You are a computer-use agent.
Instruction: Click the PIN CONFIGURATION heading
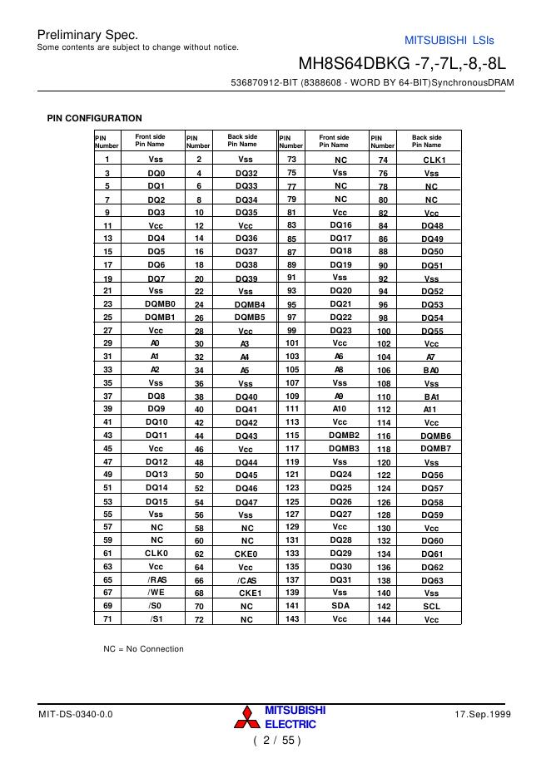(94, 118)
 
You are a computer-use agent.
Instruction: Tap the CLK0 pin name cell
(156, 553)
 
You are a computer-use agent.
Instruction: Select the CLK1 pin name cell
(434, 160)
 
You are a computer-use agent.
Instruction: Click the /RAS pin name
(156, 579)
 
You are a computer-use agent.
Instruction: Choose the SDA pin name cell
(340, 606)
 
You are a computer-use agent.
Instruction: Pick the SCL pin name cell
(431, 607)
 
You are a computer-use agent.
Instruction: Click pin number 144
(384, 620)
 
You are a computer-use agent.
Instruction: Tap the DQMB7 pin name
(434, 448)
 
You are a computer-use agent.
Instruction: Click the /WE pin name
(156, 593)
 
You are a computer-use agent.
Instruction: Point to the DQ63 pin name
(432, 580)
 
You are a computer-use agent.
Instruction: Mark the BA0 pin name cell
(430, 371)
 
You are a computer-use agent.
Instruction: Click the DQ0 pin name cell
(156, 173)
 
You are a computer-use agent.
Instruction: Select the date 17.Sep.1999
(483, 715)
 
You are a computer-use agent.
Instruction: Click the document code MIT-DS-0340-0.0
(75, 715)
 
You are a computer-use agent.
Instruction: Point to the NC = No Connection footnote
(137, 648)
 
